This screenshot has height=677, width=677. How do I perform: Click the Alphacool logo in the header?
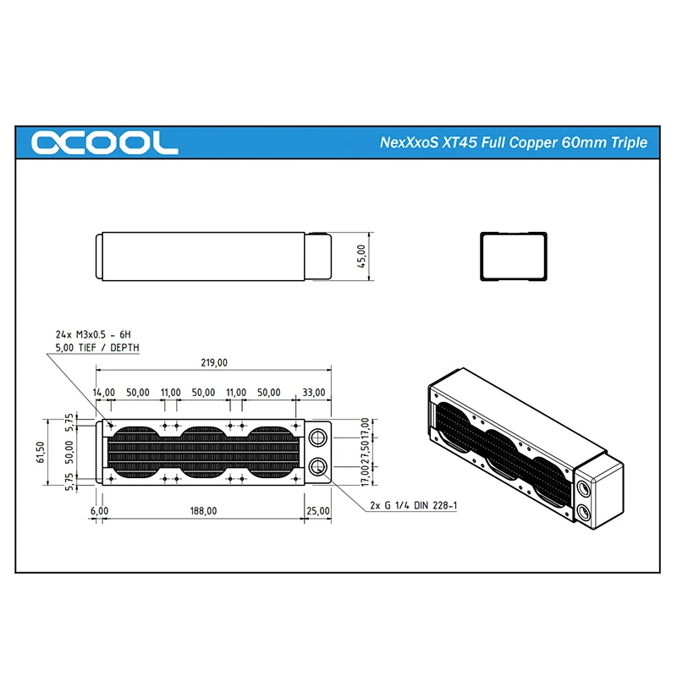click(x=104, y=142)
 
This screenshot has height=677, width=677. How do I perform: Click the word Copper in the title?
click(x=534, y=142)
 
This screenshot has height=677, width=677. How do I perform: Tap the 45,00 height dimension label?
click(x=361, y=256)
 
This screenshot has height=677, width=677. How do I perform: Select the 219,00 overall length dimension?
click(x=214, y=363)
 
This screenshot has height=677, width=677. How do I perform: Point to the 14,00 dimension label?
click(x=103, y=393)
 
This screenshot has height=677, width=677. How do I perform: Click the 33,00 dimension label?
click(x=313, y=393)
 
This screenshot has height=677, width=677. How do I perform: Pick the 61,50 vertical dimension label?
click(x=40, y=452)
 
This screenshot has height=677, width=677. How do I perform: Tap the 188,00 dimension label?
click(x=203, y=511)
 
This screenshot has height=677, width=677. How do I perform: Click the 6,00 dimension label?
click(x=99, y=511)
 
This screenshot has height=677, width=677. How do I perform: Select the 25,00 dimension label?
click(x=318, y=511)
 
